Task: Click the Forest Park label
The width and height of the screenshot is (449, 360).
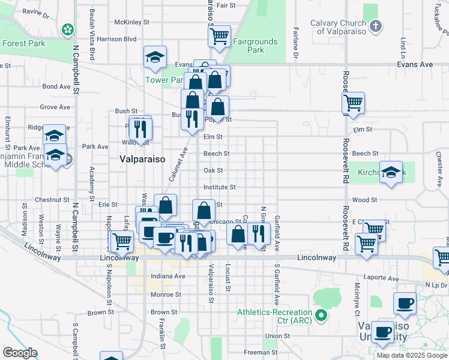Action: click(23, 43)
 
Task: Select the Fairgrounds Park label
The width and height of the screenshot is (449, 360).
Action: click(256, 46)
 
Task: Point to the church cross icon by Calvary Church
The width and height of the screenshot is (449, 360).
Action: click(376, 26)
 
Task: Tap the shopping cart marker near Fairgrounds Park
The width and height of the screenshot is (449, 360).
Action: click(220, 36)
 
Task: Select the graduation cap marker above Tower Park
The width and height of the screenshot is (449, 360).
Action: click(155, 58)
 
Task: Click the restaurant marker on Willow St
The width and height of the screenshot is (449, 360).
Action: click(140, 129)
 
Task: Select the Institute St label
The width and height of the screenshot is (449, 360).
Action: click(219, 187)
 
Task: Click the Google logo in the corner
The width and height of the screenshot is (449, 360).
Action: click(20, 353)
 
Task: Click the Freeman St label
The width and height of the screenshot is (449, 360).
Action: click(261, 352)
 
